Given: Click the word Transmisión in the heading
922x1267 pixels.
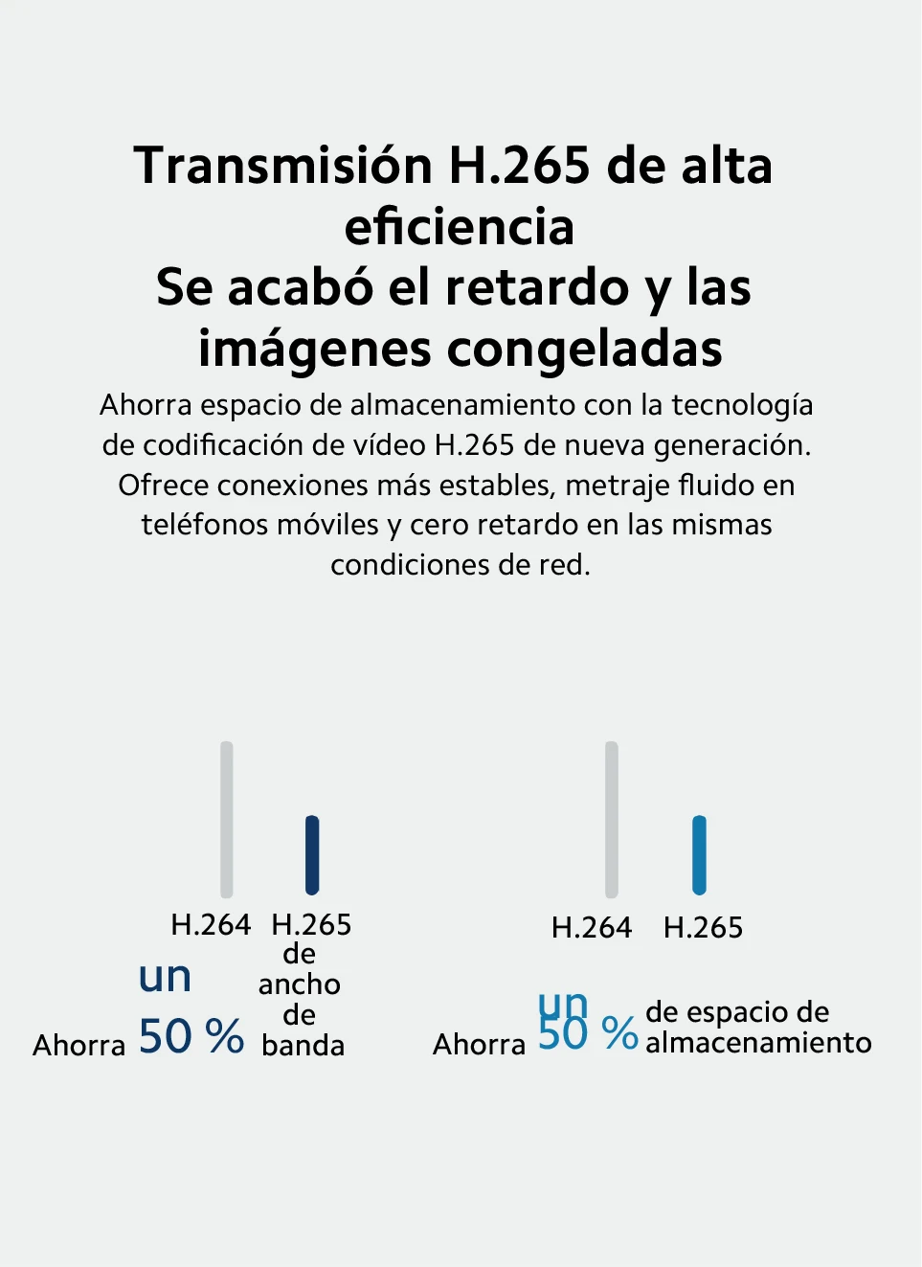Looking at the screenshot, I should (x=283, y=167).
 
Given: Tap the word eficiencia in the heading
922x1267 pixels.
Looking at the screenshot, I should (x=460, y=228).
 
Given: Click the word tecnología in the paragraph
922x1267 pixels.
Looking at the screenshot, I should (x=742, y=406).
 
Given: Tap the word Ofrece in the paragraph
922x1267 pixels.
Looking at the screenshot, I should (x=164, y=486).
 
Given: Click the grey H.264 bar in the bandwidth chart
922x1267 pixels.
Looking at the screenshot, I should (x=227, y=819).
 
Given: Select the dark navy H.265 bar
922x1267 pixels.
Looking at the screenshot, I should (x=312, y=854).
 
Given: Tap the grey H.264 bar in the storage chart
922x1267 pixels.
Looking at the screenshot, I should (x=612, y=819).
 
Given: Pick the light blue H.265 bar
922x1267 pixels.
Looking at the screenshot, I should (x=699, y=854).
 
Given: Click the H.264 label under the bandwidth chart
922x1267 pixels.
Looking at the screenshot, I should (x=211, y=925).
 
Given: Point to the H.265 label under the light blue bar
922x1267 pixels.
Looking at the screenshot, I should (x=703, y=928).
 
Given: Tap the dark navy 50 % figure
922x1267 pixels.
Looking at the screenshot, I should (x=191, y=1036).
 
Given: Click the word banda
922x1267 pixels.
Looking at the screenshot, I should (x=303, y=1046).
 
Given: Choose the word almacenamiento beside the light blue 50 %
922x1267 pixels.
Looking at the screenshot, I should (x=758, y=1043).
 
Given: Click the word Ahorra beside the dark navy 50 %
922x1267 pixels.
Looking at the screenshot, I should (x=79, y=1045).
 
